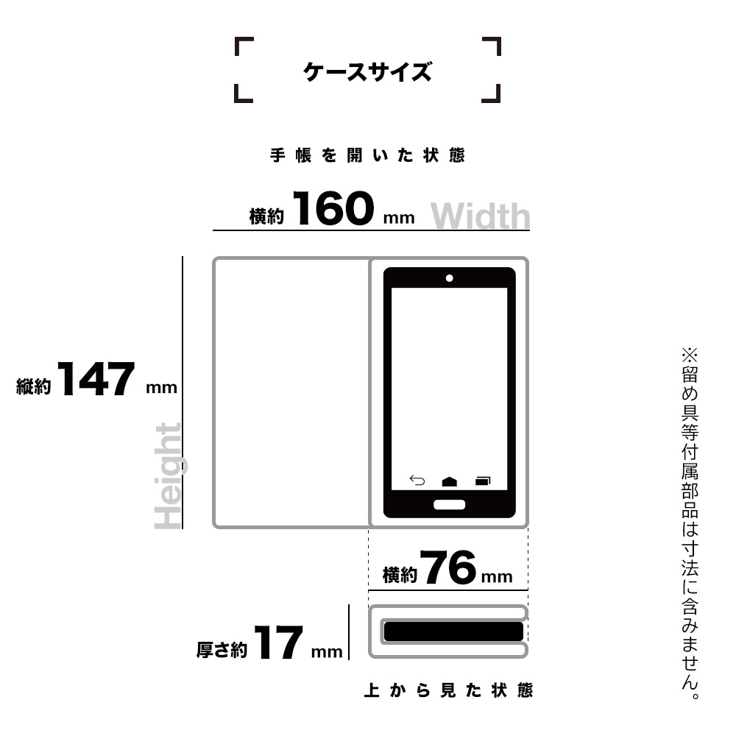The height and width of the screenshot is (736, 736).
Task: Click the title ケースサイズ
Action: pyautogui.click(x=367, y=72)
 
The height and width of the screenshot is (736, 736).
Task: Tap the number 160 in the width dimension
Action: pyautogui.click(x=333, y=208)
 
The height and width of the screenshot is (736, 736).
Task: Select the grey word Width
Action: pyautogui.click(x=480, y=216)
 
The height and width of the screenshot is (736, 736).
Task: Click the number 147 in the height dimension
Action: pyautogui.click(x=96, y=379)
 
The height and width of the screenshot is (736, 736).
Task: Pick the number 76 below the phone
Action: pyautogui.click(x=448, y=567)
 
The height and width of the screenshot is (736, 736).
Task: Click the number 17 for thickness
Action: pyautogui.click(x=278, y=643)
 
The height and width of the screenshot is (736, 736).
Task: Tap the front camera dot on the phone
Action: pyautogui.click(x=449, y=278)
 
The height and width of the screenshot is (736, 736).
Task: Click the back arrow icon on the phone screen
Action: pyautogui.click(x=417, y=480)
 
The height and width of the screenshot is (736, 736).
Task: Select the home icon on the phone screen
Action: pyautogui.click(x=449, y=481)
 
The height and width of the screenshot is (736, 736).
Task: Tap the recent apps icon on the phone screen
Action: pyautogui.click(x=483, y=481)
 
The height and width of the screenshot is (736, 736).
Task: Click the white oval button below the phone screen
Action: pyautogui.click(x=449, y=505)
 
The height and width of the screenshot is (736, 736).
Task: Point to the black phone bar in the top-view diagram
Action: pyautogui.click(x=453, y=631)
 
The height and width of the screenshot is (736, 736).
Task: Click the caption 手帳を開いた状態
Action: pyautogui.click(x=367, y=155)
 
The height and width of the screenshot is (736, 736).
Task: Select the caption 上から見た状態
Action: pyautogui.click(x=448, y=690)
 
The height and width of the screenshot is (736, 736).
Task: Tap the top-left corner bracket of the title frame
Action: pyautogui.click(x=244, y=46)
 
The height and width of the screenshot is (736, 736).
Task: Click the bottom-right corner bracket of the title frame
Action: pyautogui.click(x=491, y=93)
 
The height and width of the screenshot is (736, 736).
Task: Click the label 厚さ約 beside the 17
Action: pyautogui.click(x=222, y=650)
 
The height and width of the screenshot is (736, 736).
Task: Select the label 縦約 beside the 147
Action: pyautogui.click(x=34, y=386)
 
